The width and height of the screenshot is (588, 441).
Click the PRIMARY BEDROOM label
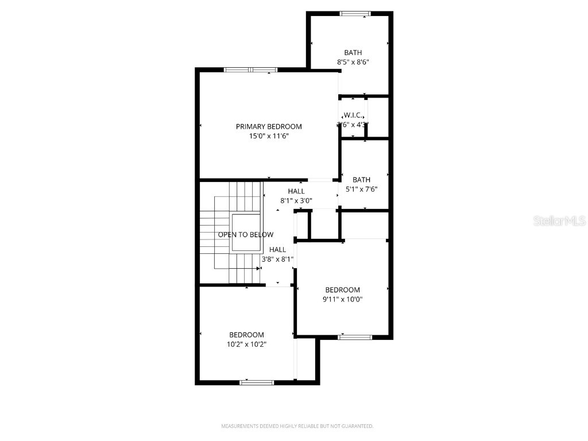pos(268,126)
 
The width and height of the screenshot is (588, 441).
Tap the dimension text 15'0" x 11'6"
pos(268,136)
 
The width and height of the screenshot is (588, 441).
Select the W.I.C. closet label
pos(353,115)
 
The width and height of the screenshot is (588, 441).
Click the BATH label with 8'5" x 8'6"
pos(353,53)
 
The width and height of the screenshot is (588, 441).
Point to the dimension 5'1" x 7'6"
pos(361,189)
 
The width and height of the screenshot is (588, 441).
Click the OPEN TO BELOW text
pos(245,234)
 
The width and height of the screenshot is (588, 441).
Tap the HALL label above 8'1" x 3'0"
pos(296,191)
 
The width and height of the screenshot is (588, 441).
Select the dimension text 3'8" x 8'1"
pos(277,259)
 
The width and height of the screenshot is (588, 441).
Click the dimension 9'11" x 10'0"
pos(342,299)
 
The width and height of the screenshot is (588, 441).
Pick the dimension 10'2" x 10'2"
pos(246,345)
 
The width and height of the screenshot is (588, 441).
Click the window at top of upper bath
pos(355,13)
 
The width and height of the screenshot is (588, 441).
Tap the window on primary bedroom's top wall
pos(250,70)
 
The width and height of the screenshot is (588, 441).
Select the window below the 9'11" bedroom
pos(355,337)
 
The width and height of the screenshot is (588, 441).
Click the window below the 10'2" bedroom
pos(257,382)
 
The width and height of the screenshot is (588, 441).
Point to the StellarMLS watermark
pos(559,220)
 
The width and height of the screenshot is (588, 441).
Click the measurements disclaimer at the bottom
pos(297,426)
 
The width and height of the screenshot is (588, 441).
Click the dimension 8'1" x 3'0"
pos(296,201)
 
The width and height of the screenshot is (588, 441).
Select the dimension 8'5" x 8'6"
pos(353,63)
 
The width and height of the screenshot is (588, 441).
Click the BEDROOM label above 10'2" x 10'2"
pos(246,335)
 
